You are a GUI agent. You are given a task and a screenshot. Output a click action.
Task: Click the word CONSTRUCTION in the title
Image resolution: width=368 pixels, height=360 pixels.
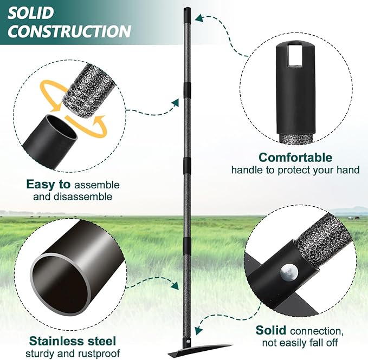coord(69,30)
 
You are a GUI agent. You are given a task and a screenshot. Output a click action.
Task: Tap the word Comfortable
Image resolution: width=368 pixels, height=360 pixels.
coord(295,158)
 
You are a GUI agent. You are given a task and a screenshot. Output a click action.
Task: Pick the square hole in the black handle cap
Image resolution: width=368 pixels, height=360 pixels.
coord(296,56)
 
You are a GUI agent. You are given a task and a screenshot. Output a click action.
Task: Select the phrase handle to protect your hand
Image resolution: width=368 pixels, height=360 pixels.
coord(295,170)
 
